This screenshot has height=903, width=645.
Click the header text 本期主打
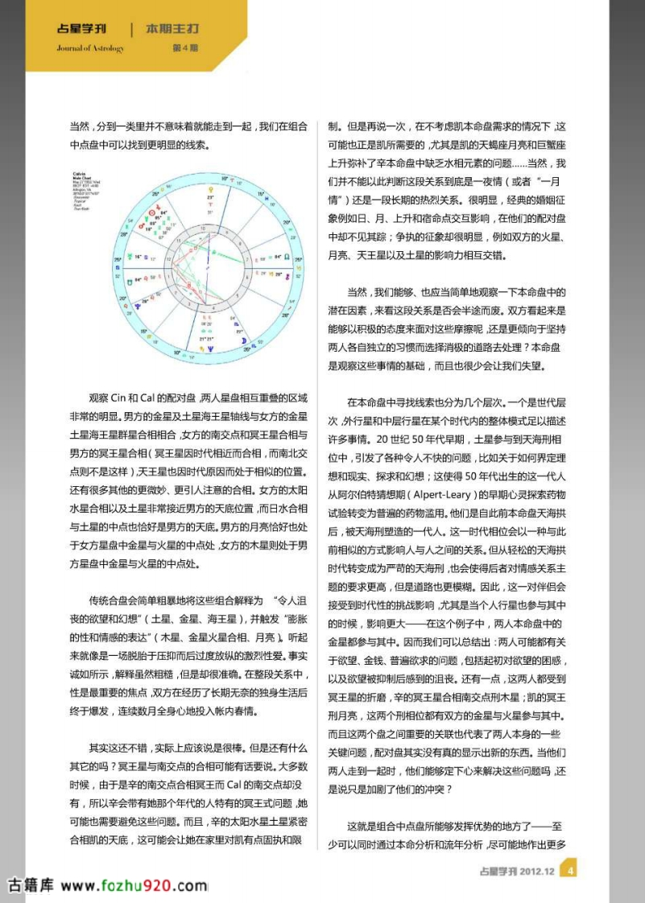[172, 29]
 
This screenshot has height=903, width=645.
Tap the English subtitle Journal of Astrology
[90, 47]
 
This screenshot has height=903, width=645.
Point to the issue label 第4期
[186, 47]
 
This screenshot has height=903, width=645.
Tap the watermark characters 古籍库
[30, 885]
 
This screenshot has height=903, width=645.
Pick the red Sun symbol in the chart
[152, 212]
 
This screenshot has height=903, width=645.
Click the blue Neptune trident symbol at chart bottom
[212, 349]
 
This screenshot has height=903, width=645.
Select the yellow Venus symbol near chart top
[212, 190]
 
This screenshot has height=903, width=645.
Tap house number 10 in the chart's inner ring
[203, 228]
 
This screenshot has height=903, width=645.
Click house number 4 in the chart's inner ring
[213, 307]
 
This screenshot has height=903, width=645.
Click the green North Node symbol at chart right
[287, 257]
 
